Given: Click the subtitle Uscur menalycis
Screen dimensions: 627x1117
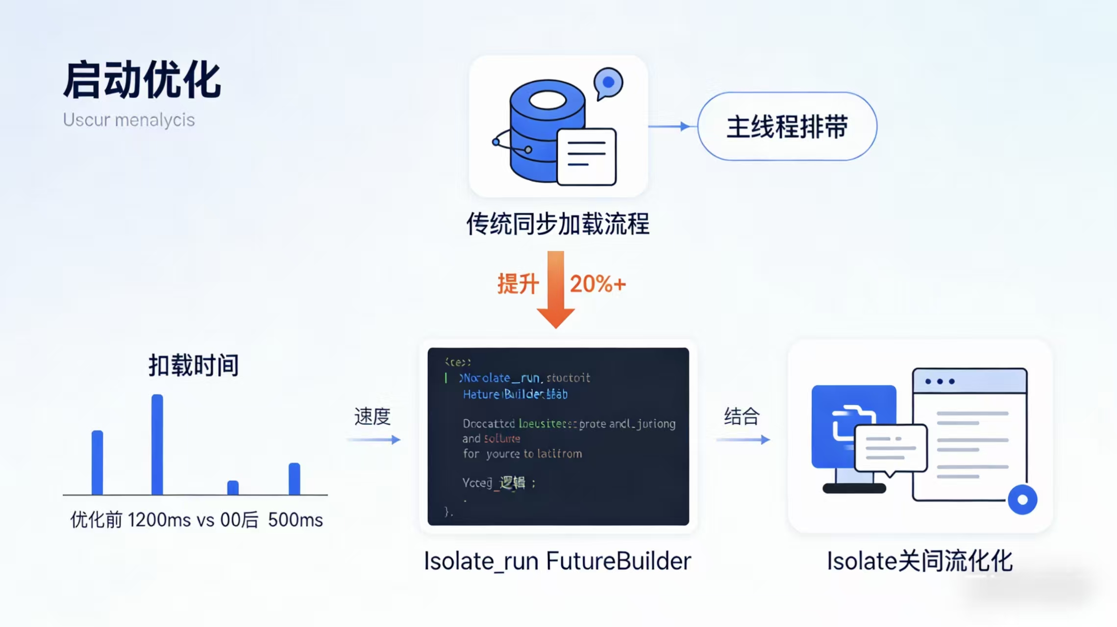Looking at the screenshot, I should (x=128, y=120).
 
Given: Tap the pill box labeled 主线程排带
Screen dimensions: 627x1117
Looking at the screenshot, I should (x=787, y=126).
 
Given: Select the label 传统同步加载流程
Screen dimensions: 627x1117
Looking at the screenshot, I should (x=557, y=224).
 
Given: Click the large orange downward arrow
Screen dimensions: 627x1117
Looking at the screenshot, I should (x=555, y=289).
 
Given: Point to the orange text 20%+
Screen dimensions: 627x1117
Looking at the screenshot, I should (x=597, y=284).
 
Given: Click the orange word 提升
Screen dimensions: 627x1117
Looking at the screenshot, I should (x=518, y=284).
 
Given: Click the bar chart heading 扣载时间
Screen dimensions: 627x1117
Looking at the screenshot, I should (x=194, y=365).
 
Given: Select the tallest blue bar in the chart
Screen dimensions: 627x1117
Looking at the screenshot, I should (x=157, y=444).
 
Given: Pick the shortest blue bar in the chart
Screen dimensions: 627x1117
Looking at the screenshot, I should (x=233, y=487).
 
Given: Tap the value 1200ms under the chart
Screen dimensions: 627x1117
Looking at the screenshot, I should (x=159, y=520).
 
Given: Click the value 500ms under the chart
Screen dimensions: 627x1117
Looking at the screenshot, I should (x=295, y=520).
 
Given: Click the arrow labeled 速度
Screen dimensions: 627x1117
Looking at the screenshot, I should (x=373, y=439).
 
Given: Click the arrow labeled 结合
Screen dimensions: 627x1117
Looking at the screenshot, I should (x=743, y=439).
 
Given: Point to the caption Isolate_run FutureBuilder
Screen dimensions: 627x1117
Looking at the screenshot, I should (x=557, y=561).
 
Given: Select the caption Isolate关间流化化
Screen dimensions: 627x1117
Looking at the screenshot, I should (x=919, y=561).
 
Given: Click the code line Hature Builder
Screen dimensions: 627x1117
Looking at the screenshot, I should (x=515, y=394).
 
